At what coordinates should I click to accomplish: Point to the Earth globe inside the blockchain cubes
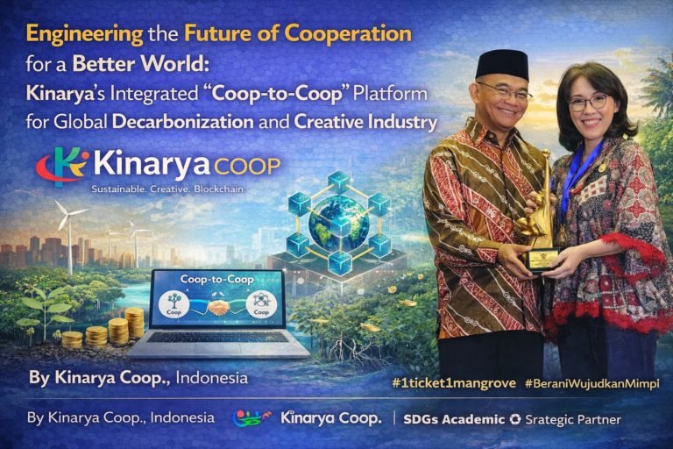[338, 222]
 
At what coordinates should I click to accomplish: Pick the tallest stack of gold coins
[134, 325]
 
